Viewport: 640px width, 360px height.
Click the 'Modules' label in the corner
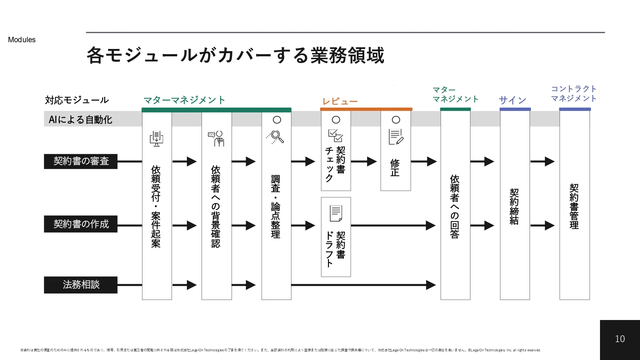(22, 40)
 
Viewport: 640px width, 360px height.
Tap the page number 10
(620, 339)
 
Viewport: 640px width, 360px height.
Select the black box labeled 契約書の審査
(81, 161)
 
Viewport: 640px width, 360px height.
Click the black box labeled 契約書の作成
(81, 224)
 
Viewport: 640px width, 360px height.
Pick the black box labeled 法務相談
(81, 285)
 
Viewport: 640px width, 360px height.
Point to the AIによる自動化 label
(80, 120)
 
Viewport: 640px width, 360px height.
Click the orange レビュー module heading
(340, 101)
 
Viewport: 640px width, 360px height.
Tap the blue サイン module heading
(513, 100)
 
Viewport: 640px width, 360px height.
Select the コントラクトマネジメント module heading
(574, 93)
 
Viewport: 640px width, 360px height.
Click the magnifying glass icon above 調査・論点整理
(276, 137)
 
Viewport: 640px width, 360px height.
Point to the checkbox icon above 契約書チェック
(336, 136)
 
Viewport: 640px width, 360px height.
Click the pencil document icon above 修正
(396, 137)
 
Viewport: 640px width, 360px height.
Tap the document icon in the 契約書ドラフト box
(336, 213)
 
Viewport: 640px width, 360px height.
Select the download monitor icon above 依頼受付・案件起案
(156, 138)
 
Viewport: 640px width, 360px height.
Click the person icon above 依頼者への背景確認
(217, 138)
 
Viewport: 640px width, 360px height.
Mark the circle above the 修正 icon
(396, 120)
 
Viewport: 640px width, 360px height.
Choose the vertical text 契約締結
(514, 206)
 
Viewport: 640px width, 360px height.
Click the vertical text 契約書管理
(574, 206)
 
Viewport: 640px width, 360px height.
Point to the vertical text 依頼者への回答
(455, 206)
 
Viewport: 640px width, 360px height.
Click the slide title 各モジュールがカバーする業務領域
(235, 55)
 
